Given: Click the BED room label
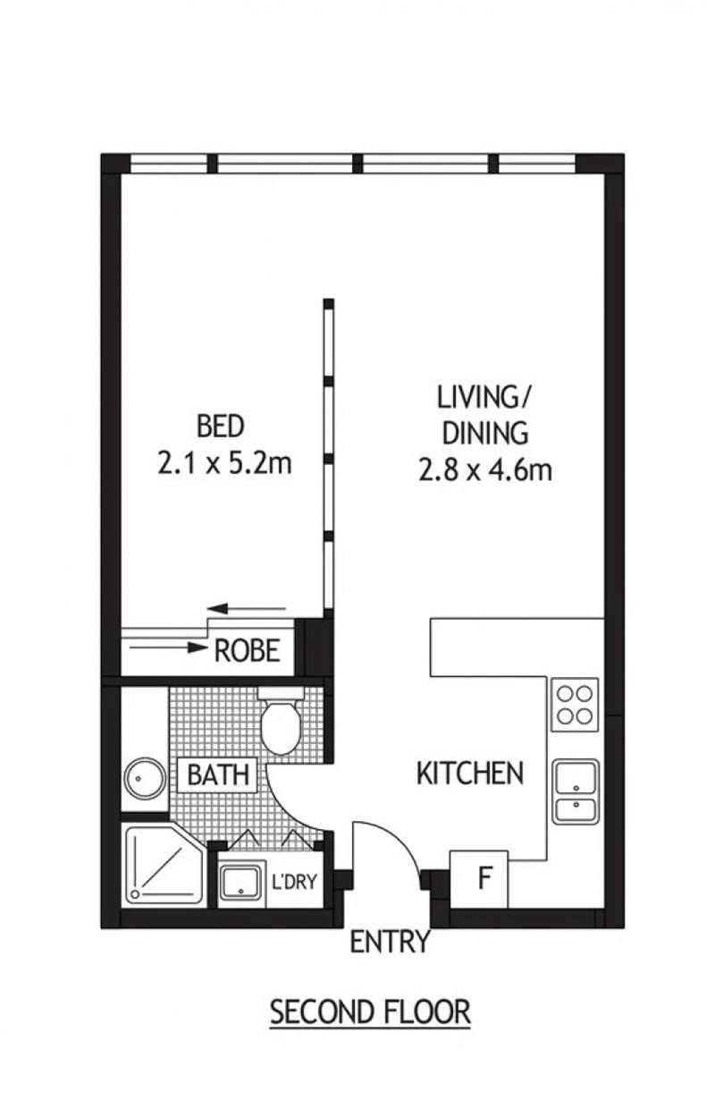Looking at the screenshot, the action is (221, 426).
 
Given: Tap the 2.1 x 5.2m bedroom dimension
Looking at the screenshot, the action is (224, 462).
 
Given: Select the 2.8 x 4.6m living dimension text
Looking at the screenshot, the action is (484, 469).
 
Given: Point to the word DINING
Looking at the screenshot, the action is (484, 433).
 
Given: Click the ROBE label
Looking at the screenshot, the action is (248, 650).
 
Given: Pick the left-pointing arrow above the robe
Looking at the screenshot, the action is (247, 609).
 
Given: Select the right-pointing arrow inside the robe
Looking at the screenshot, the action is (168, 647).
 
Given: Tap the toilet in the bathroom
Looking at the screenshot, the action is (281, 720).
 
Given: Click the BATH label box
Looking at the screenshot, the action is (218, 775).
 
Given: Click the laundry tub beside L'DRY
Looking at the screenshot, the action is (240, 883).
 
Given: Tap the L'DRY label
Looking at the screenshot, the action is (294, 882).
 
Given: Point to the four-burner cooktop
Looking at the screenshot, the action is (575, 705).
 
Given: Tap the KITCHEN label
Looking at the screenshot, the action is (470, 773).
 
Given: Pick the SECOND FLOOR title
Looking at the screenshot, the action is (371, 1012).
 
